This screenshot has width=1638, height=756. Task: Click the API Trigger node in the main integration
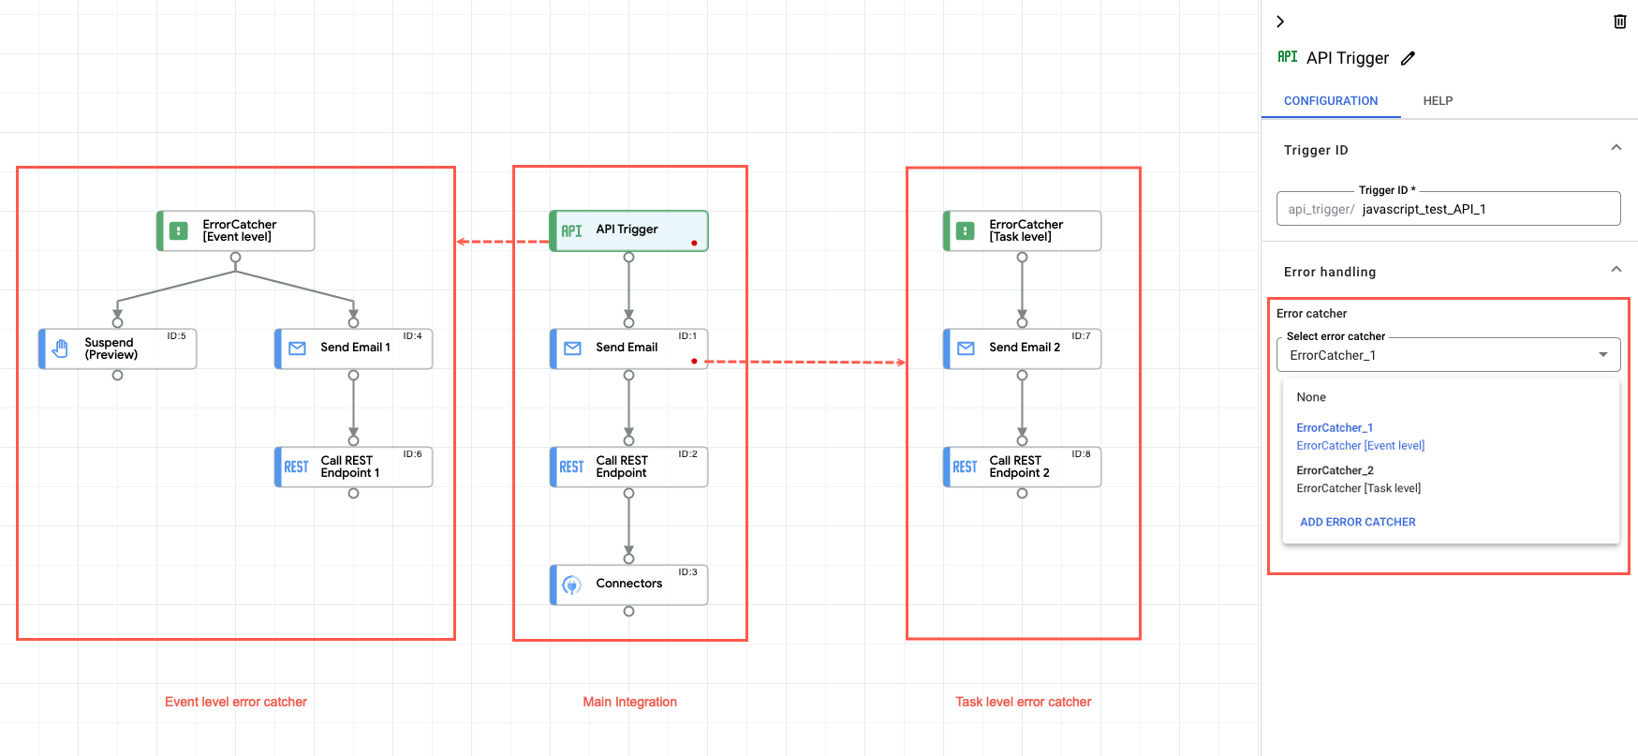[627, 230]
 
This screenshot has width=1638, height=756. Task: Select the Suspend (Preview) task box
[117, 348]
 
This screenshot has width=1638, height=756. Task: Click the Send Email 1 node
[353, 348]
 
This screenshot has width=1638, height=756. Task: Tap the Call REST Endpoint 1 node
[353, 467]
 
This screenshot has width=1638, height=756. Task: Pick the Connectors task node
[628, 585]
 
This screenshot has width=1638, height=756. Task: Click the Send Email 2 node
[1022, 348]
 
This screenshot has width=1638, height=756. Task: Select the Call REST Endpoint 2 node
[1022, 467]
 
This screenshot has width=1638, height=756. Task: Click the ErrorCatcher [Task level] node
[1022, 230]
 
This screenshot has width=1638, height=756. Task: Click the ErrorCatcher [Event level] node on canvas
[235, 230]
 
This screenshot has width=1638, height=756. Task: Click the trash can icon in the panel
[1619, 22]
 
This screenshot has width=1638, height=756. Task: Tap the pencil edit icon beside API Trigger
[1408, 58]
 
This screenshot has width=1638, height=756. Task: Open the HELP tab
[1438, 101]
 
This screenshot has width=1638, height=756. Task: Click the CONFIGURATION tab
[1330, 101]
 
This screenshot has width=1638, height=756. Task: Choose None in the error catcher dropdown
[1311, 397]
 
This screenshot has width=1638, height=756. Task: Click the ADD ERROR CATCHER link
[1357, 522]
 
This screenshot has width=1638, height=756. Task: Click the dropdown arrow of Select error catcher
[1602, 355]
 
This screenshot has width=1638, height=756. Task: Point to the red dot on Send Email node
[694, 361]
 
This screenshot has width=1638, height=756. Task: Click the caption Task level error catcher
[1023, 702]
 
